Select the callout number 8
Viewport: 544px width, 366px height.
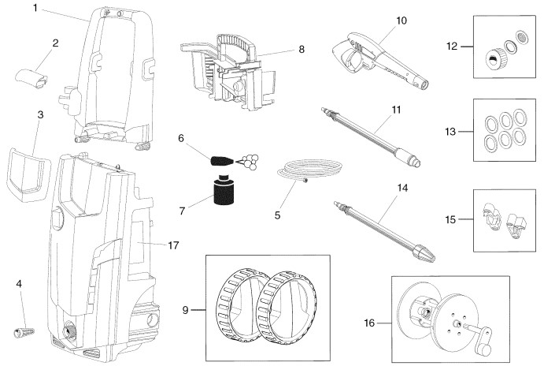pos(301,48)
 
